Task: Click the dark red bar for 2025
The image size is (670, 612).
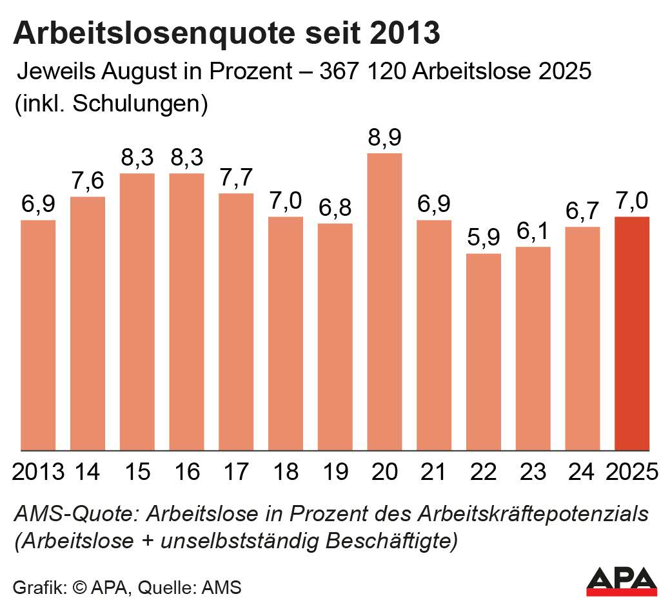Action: [632, 334]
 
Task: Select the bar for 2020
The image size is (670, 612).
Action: [384, 301]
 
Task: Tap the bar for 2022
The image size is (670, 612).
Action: [484, 352]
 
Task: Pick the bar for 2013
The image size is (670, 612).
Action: [38, 335]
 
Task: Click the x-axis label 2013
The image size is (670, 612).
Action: [38, 472]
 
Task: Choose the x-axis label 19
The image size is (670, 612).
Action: [335, 472]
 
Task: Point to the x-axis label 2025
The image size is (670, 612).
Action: [632, 472]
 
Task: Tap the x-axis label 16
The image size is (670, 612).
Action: [187, 472]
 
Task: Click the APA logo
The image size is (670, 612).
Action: [622, 581]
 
